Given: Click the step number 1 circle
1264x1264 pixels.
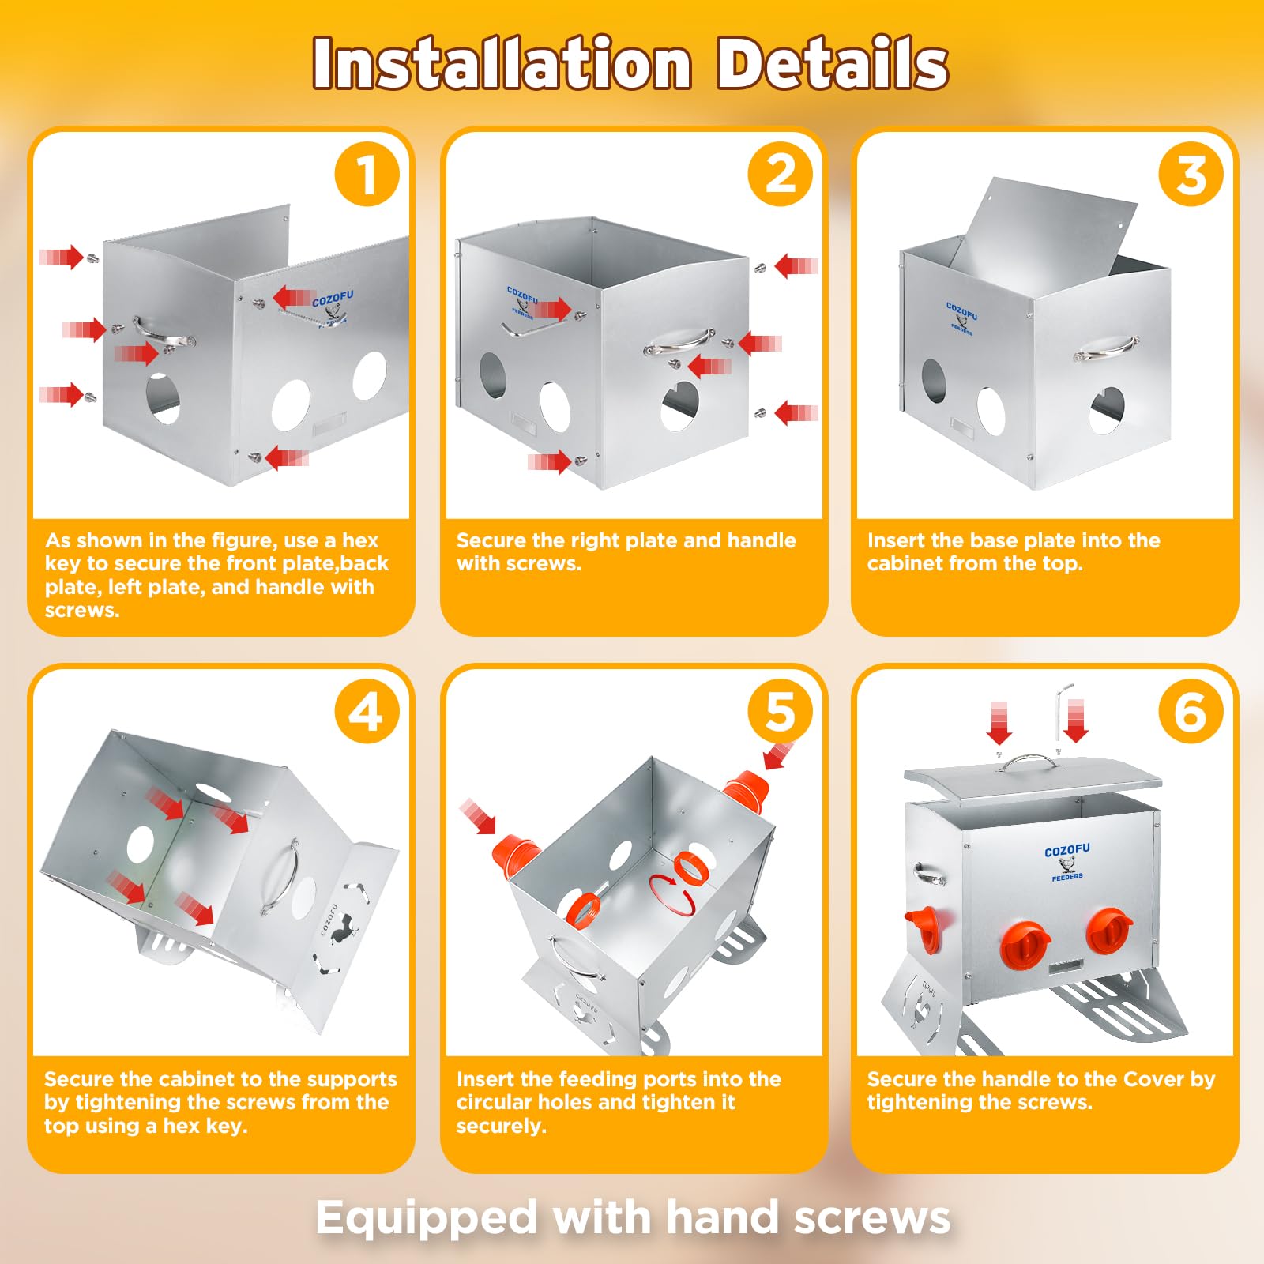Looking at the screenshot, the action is pyautogui.click(x=367, y=175).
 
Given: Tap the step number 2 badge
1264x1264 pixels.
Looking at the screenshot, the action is pyautogui.click(x=781, y=175).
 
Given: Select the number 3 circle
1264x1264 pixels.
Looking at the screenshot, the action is pyautogui.click(x=1191, y=175).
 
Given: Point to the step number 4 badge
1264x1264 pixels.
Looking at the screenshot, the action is pyautogui.click(x=367, y=712).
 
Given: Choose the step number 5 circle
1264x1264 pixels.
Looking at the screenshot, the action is pyautogui.click(x=781, y=712).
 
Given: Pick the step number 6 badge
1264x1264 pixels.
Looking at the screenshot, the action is pyautogui.click(x=1191, y=712).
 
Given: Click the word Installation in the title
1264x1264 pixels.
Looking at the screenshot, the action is pyautogui.click(x=502, y=63).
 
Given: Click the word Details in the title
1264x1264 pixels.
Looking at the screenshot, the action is pyautogui.click(x=833, y=63).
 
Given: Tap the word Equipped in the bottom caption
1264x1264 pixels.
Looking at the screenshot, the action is pyautogui.click(x=427, y=1218).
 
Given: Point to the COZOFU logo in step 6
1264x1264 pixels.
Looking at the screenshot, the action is pyautogui.click(x=1067, y=862).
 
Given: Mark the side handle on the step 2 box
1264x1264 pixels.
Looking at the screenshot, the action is pyautogui.click(x=679, y=341).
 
